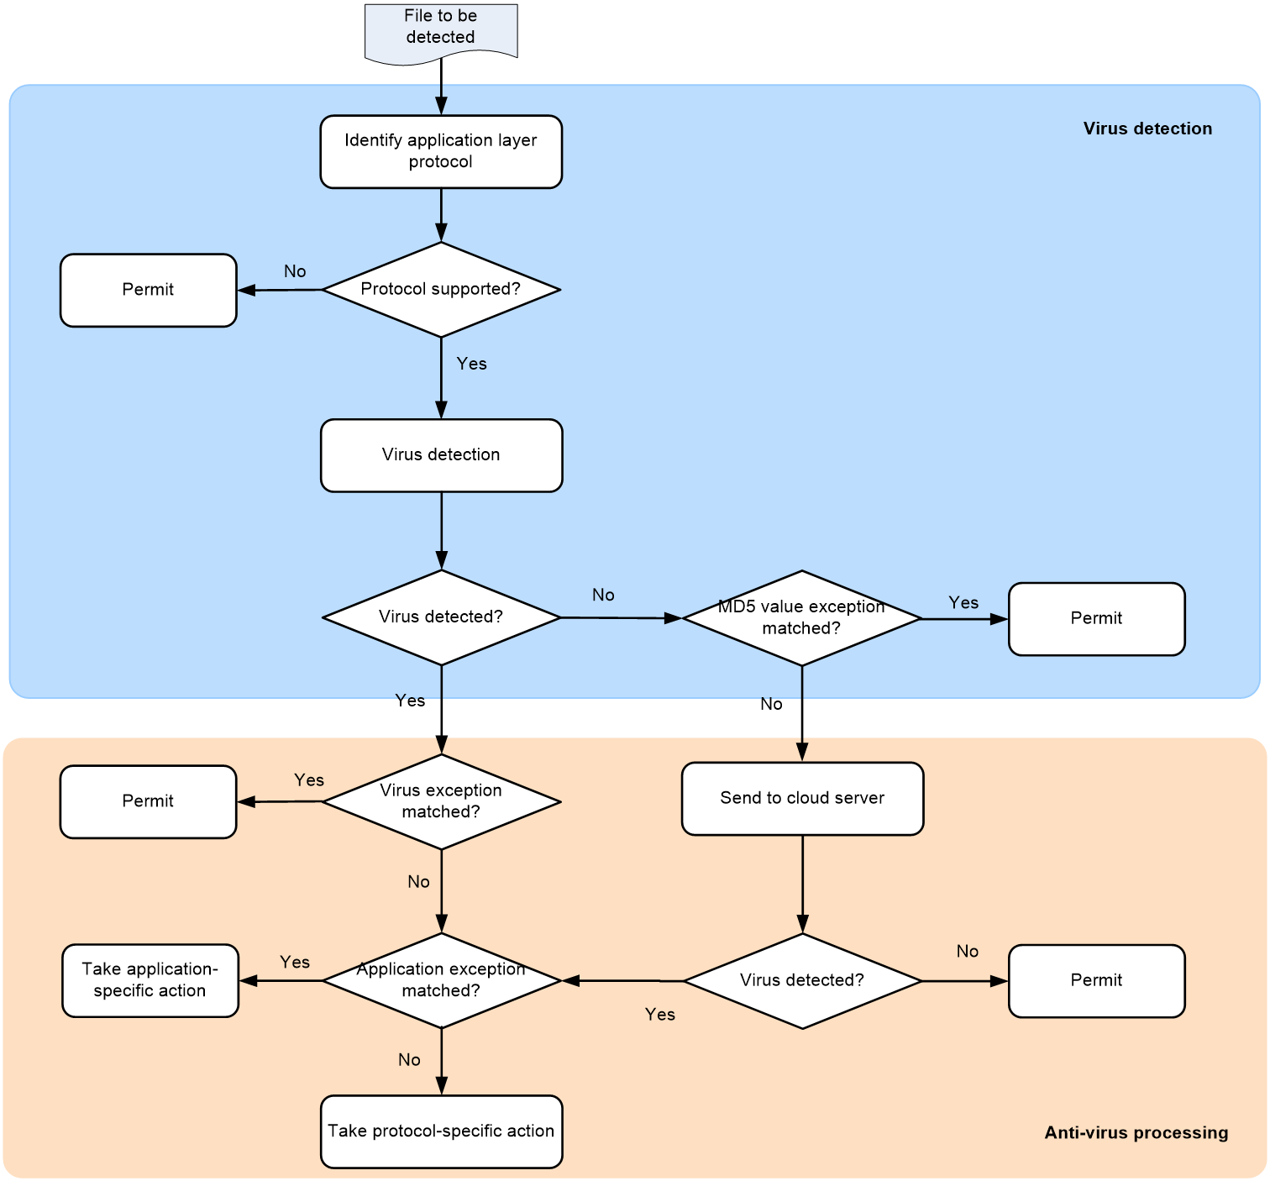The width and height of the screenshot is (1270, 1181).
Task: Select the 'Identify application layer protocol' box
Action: pos(441,152)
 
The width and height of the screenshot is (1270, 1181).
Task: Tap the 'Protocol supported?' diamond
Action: pos(441,290)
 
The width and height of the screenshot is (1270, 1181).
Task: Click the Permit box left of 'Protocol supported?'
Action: pos(149,291)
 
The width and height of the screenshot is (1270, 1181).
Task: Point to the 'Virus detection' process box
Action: pos(441,455)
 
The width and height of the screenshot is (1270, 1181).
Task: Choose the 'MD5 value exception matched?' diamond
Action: pos(802,618)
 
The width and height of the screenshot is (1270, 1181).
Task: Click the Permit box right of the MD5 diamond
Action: pos(1097,619)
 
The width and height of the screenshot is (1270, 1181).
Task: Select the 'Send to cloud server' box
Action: pos(802,799)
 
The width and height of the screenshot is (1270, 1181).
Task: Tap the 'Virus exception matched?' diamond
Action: pos(441,802)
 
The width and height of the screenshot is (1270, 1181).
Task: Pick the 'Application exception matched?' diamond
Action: pos(441,981)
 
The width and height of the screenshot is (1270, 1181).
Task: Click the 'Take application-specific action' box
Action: pos(150,981)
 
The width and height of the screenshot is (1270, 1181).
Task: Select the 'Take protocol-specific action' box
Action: pos(441,1131)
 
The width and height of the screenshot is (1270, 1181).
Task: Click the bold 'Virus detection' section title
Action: pos(1147,129)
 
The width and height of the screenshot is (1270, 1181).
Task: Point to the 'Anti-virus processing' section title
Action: pos(1136,1132)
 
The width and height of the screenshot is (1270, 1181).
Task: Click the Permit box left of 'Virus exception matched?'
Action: pos(149,801)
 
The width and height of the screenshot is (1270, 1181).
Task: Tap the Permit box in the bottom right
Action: pos(1097,981)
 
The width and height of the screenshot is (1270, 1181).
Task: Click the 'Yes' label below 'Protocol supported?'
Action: pos(471,364)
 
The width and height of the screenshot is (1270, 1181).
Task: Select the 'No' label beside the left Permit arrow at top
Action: pos(295,271)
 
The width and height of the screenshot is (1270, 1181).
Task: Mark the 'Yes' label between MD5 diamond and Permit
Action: pos(963,602)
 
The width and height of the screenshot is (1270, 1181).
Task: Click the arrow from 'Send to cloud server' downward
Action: pos(802,884)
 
